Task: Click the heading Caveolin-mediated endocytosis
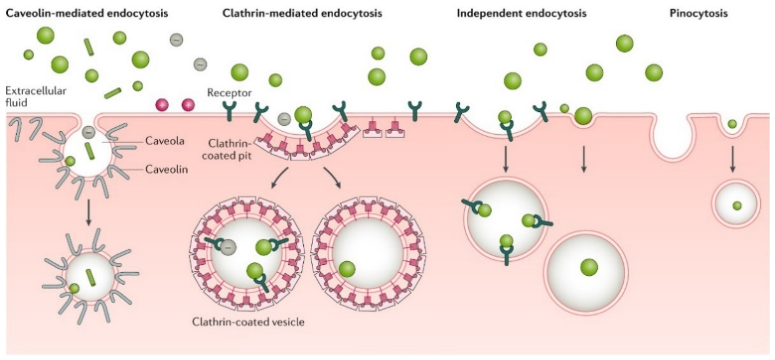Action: pyautogui.click(x=87, y=14)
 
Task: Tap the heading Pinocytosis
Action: pyautogui.click(x=698, y=14)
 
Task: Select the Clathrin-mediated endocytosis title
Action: pyautogui.click(x=302, y=14)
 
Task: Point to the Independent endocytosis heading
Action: pyautogui.click(x=521, y=14)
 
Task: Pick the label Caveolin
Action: pyautogui.click(x=166, y=169)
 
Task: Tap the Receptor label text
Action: pyautogui.click(x=229, y=93)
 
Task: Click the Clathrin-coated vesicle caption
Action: pyautogui.click(x=248, y=322)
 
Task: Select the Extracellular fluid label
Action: pyautogui.click(x=36, y=97)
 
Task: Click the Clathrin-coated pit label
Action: pyautogui.click(x=227, y=150)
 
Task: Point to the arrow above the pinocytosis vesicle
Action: pyautogui.click(x=732, y=159)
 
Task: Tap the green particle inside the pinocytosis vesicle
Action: pyautogui.click(x=737, y=206)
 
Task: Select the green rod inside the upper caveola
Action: pyautogui.click(x=89, y=151)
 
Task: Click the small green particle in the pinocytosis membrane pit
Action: pyautogui.click(x=732, y=124)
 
